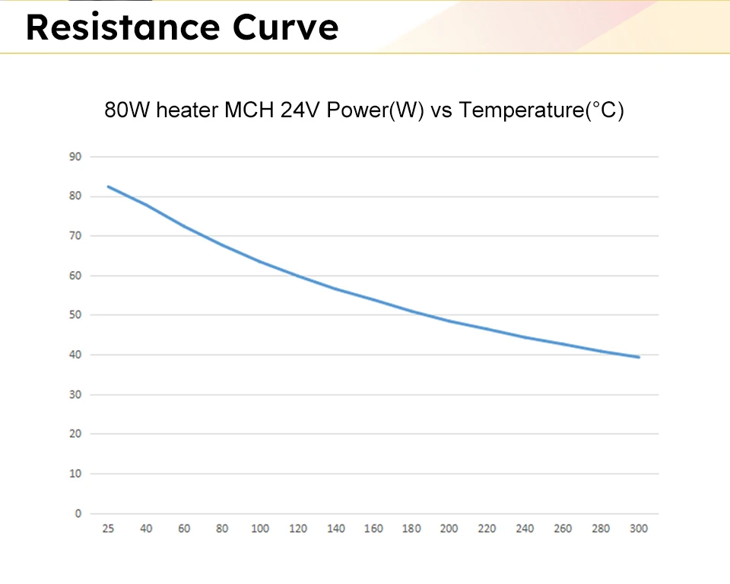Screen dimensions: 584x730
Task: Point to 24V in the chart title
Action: tap(302, 111)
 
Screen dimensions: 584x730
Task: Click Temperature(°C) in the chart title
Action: tap(541, 111)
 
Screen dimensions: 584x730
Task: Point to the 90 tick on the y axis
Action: tap(75, 157)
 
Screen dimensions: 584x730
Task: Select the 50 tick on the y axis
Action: tap(75, 315)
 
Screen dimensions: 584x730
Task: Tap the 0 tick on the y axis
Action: tap(78, 513)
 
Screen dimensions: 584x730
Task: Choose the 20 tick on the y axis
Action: tap(75, 434)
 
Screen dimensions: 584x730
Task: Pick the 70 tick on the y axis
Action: tap(75, 236)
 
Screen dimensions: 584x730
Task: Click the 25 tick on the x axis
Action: tap(108, 529)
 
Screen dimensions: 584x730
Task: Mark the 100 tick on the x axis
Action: tap(260, 529)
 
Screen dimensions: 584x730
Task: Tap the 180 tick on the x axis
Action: tap(411, 529)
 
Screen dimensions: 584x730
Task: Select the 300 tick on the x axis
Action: tap(639, 529)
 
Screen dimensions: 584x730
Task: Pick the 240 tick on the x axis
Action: tap(525, 529)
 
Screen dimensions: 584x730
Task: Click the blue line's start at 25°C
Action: tap(108, 187)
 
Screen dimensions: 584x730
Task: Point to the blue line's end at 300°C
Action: tap(639, 357)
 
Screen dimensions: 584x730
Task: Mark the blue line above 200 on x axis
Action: tap(449, 321)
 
